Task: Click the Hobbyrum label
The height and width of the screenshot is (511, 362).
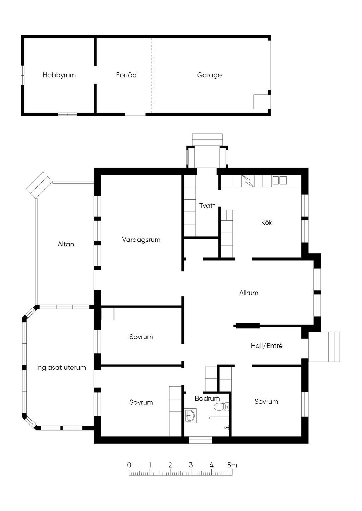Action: click(59, 75)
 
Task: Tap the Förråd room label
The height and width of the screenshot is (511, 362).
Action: click(126, 75)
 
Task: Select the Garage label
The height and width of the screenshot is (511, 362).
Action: click(209, 75)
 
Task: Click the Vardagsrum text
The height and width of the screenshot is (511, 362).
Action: click(141, 240)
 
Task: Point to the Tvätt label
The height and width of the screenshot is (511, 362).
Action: click(207, 205)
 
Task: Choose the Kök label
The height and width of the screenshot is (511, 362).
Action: click(267, 222)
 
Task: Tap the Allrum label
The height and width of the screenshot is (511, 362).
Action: click(249, 293)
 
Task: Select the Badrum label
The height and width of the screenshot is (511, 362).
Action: click(207, 398)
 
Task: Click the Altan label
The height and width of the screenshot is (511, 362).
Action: click(66, 244)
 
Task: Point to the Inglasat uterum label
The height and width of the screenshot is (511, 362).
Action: click(61, 367)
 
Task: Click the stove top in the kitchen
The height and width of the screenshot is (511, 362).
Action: click(279, 180)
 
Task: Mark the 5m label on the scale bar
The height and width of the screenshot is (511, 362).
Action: click(232, 465)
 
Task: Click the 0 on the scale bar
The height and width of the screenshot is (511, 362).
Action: click(129, 465)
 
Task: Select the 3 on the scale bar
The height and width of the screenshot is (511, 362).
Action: click(191, 465)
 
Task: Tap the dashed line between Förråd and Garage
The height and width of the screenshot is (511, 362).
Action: click(153, 75)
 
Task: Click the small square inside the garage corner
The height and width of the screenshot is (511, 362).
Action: click(262, 102)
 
